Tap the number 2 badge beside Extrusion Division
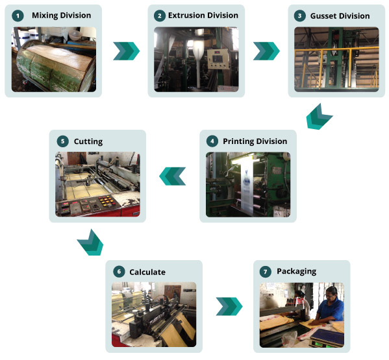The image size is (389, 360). tap(160, 15)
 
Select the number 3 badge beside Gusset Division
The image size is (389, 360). tap(299, 16)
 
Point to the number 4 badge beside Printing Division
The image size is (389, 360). tap(212, 141)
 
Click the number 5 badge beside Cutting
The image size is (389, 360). tap(62, 141)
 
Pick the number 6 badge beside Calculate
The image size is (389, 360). tap(118, 271)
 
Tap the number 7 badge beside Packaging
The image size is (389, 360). tap(266, 271)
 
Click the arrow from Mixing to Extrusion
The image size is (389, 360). tap(126, 51)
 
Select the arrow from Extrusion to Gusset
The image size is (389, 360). tap(266, 51)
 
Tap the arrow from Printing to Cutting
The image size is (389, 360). tap(173, 176)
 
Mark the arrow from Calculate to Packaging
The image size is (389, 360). tap(229, 306)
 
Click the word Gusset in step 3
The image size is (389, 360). tap(324, 16)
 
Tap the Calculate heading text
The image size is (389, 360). tap(147, 272)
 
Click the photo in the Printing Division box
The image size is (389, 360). tap(247, 184)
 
